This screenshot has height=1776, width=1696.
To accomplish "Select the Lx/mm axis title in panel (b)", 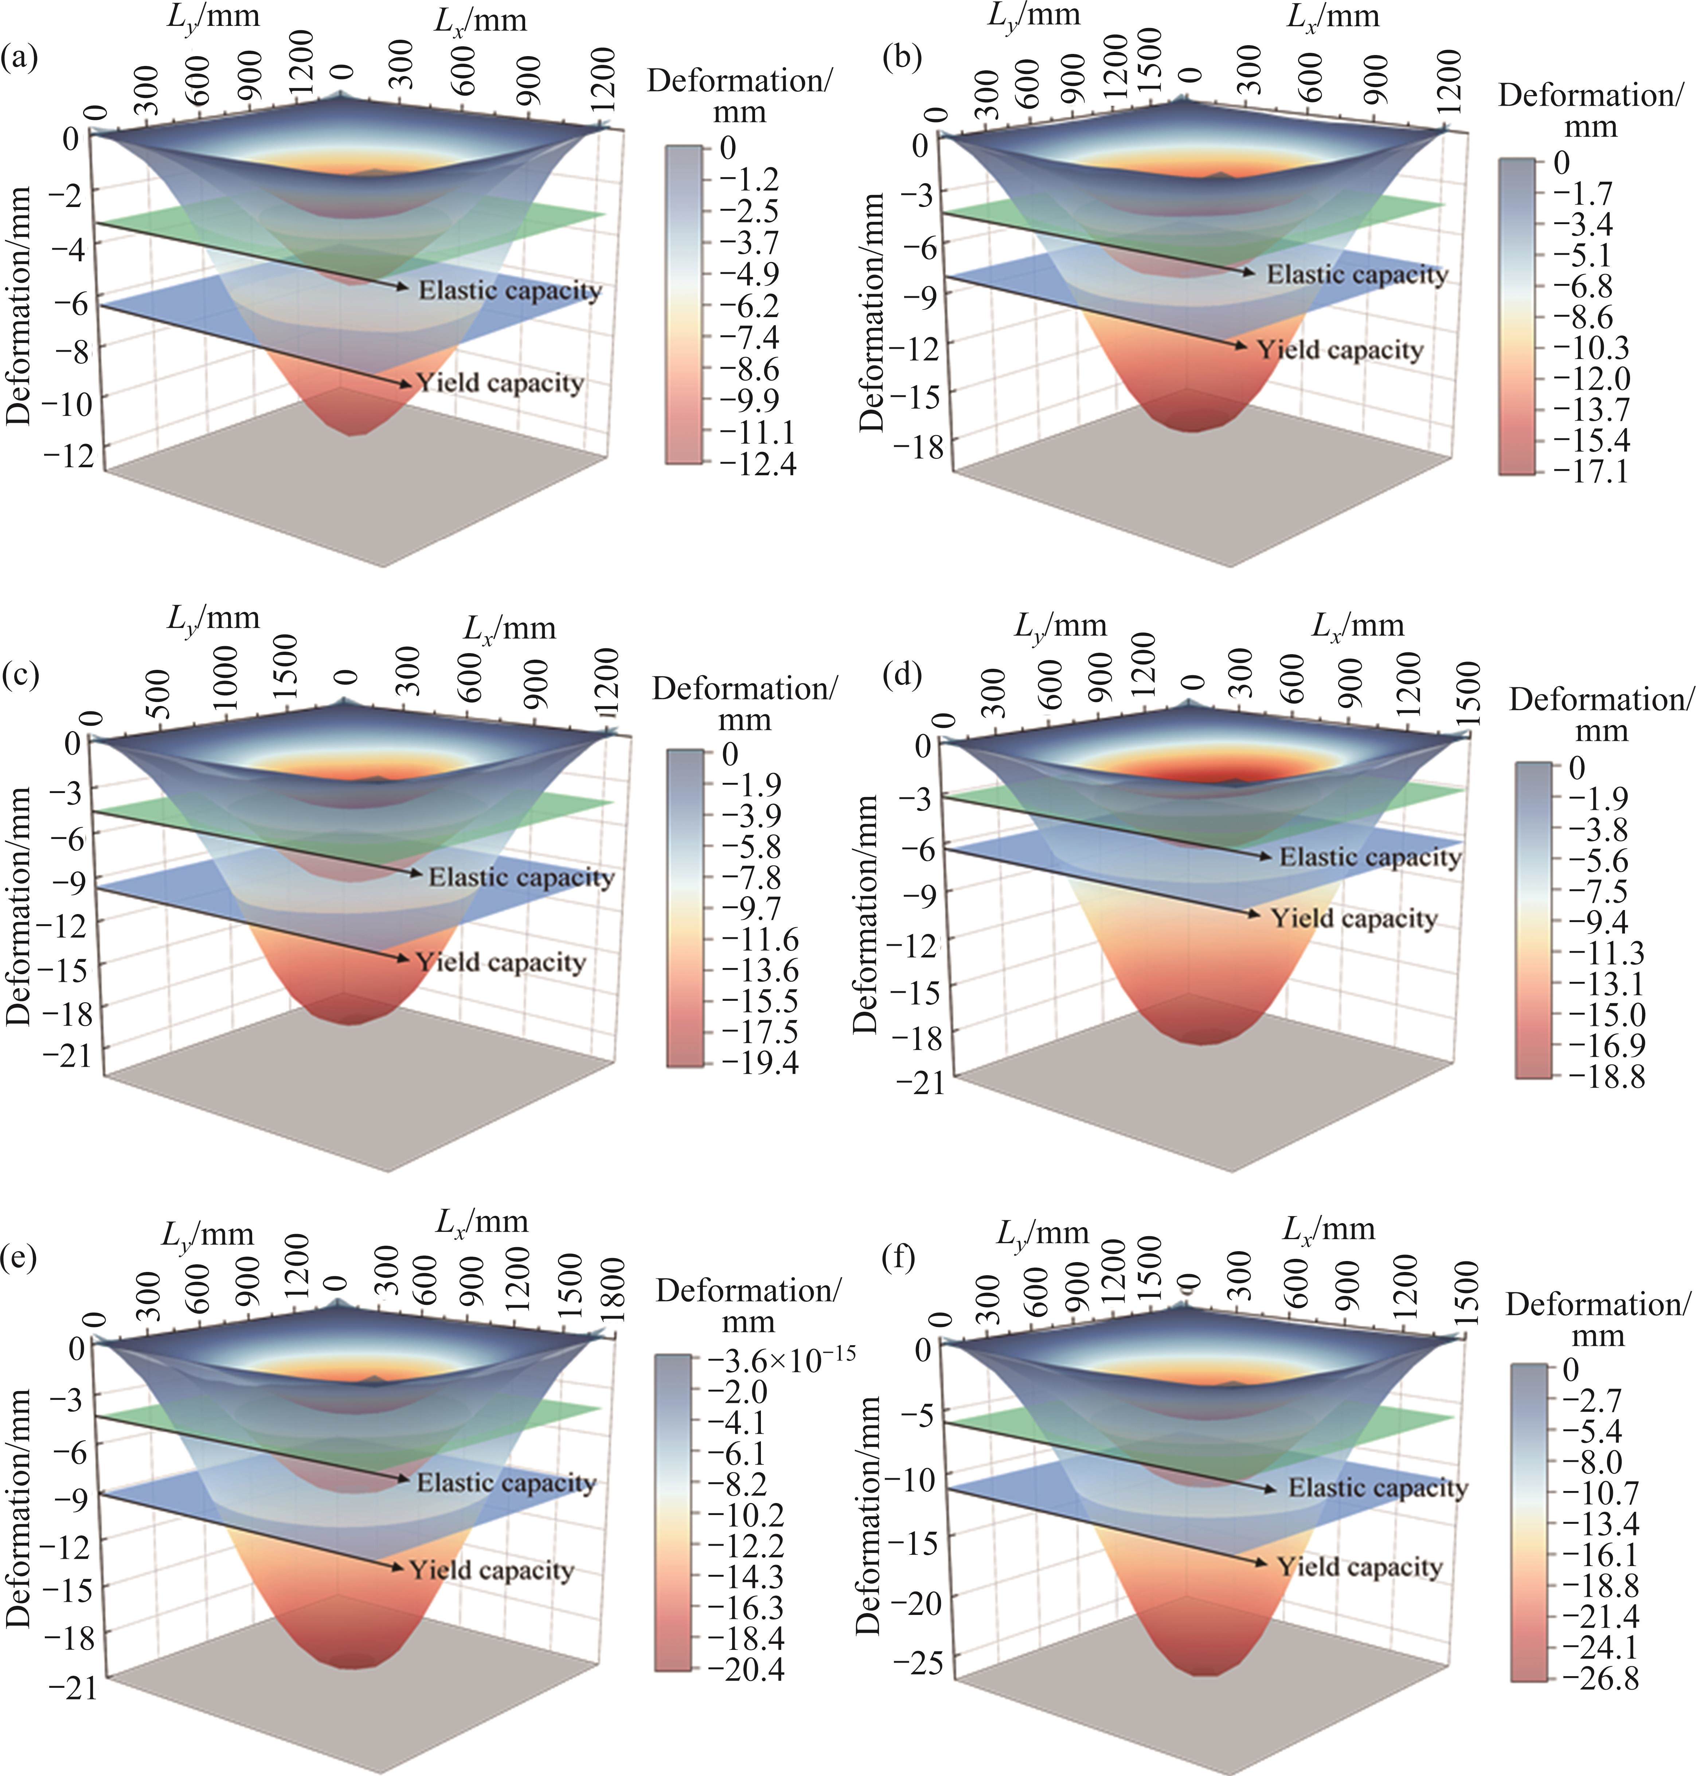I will coord(1333,16).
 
